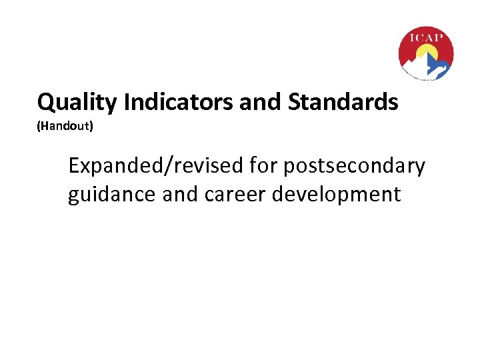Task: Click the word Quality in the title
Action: [x=74, y=103]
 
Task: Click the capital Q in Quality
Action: [x=46, y=103]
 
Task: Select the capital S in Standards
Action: [x=294, y=102]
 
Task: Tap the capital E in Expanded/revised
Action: [x=74, y=166]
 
